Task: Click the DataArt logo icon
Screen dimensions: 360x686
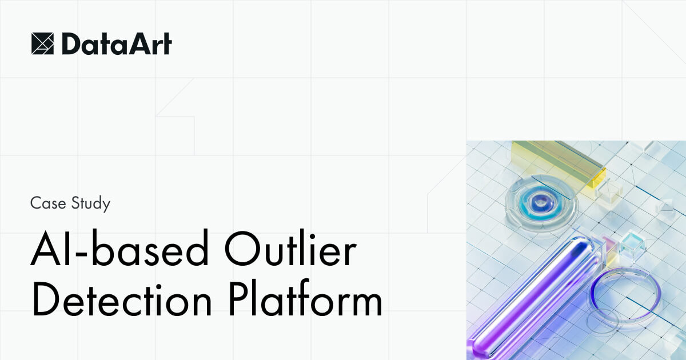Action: pyautogui.click(x=42, y=44)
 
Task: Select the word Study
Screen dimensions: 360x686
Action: pyautogui.click(x=91, y=205)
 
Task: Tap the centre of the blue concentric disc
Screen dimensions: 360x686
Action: pyautogui.click(x=539, y=201)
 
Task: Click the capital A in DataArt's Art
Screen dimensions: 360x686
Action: pyautogui.click(x=134, y=44)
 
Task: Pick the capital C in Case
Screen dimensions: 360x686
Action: pyautogui.click(x=36, y=203)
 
